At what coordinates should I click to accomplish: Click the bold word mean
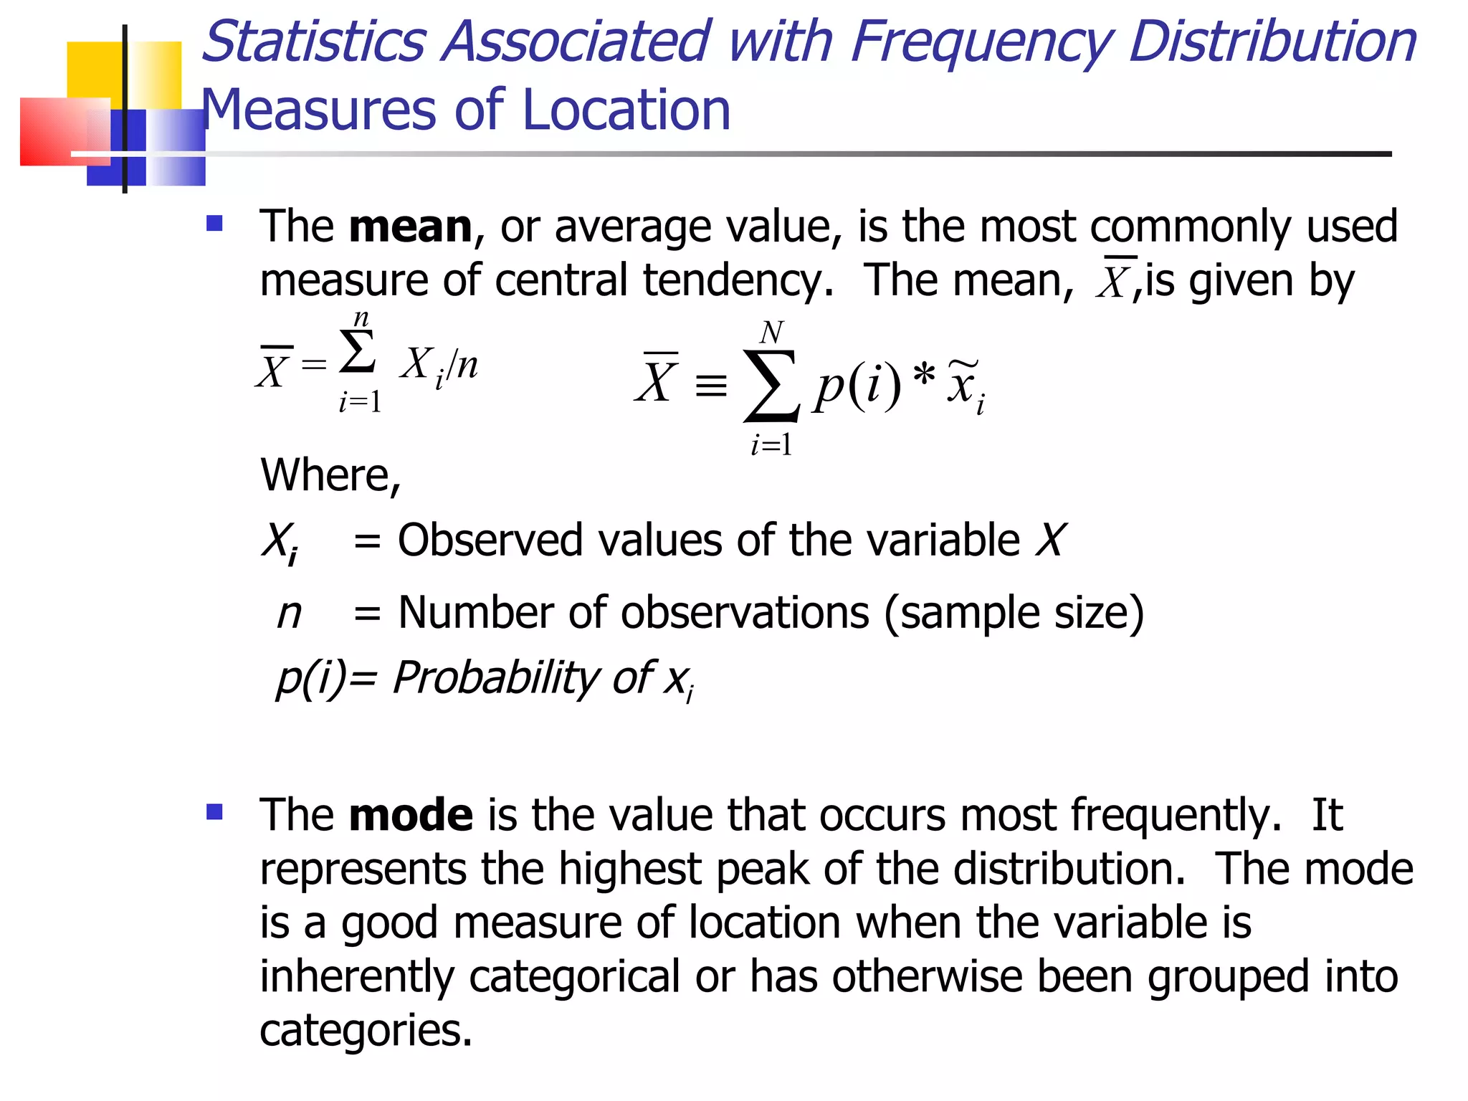pyautogui.click(x=410, y=227)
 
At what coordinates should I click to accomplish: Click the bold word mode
pyautogui.click(x=410, y=815)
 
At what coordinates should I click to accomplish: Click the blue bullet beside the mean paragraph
pyautogui.click(x=214, y=224)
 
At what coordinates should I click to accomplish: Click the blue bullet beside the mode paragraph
pyautogui.click(x=214, y=812)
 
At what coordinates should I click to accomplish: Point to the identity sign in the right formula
pyautogui.click(x=710, y=386)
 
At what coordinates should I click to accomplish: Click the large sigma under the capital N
pyautogui.click(x=771, y=386)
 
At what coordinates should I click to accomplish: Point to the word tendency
pyautogui.click(x=738, y=280)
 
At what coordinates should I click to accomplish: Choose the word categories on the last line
pyautogui.click(x=366, y=1030)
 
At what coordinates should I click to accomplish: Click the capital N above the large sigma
pyautogui.click(x=771, y=333)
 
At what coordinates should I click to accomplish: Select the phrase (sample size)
pyautogui.click(x=1014, y=613)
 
